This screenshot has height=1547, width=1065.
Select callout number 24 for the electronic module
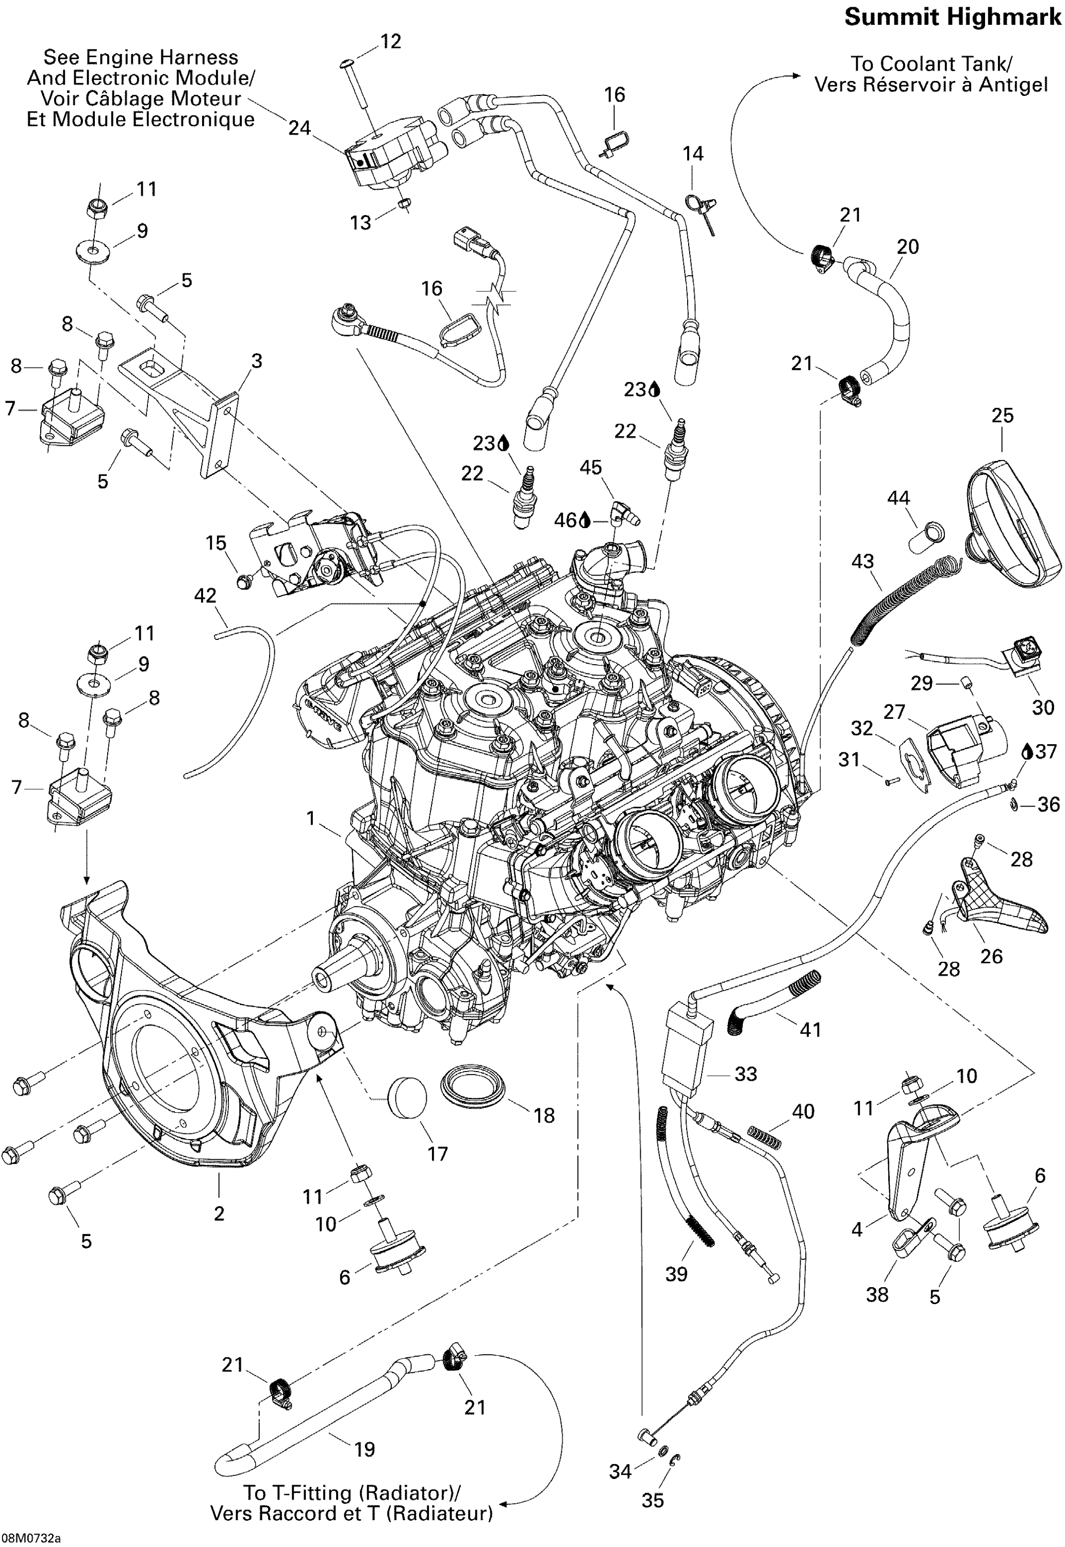[x=299, y=127]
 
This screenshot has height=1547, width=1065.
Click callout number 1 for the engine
[x=310, y=818]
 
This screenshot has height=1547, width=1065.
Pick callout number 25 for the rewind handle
[x=1002, y=415]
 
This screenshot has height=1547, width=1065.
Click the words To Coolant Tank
[x=931, y=64]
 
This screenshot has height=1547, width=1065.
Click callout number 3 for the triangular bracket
[x=256, y=361]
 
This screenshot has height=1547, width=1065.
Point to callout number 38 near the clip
[x=877, y=1295]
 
